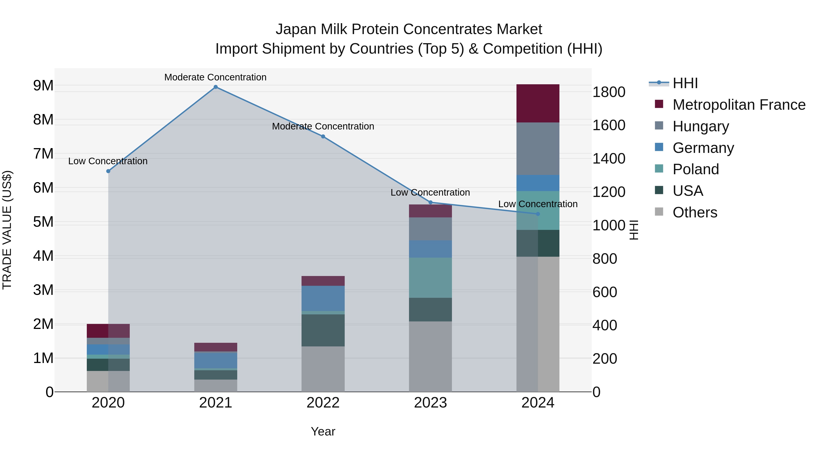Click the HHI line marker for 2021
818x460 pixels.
point(216,87)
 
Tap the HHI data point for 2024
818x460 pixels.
point(538,214)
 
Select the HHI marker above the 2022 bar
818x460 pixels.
point(323,137)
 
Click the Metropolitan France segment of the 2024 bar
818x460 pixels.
point(538,104)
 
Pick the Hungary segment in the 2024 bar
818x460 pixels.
point(538,149)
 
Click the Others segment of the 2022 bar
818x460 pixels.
point(323,369)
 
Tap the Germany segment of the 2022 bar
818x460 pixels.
point(323,298)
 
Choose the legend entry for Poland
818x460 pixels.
point(696,169)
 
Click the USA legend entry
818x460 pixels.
point(688,191)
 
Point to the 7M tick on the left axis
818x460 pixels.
point(43,154)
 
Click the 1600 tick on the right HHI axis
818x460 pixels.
point(609,125)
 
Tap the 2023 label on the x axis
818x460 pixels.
point(430,403)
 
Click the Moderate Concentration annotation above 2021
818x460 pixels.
point(215,77)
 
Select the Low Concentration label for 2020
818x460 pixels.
point(108,161)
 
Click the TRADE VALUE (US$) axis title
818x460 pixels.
point(7,230)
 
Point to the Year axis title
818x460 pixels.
point(323,431)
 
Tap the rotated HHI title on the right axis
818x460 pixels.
point(633,230)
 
